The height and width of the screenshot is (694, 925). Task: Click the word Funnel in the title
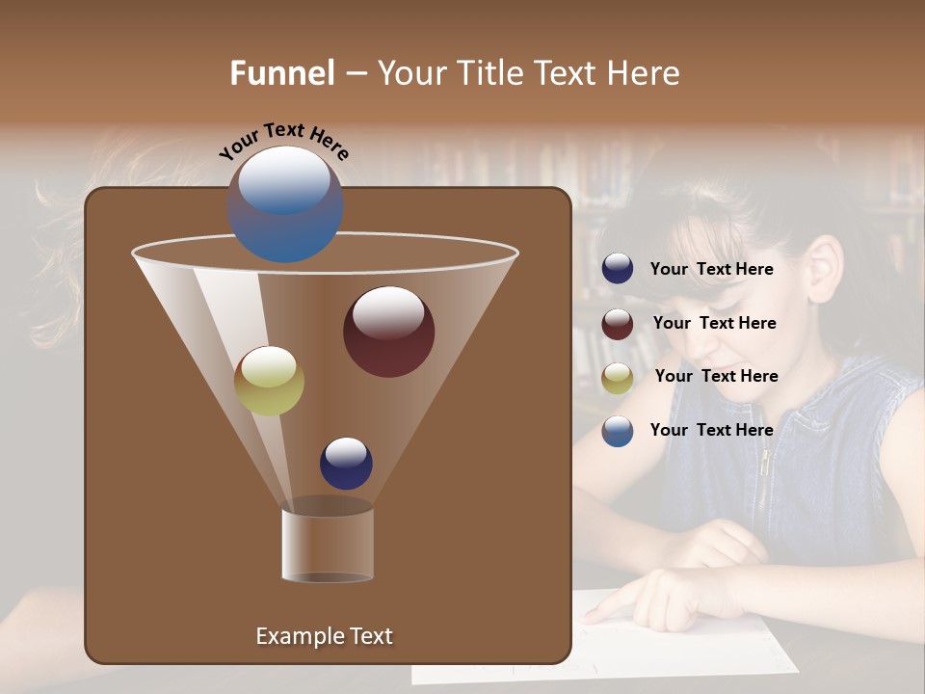[282, 73]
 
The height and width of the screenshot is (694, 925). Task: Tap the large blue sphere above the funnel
[284, 203]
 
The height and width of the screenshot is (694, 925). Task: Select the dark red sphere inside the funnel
[388, 331]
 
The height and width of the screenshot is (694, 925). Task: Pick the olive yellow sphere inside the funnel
[269, 381]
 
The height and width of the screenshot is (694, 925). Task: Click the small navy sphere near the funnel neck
[346, 463]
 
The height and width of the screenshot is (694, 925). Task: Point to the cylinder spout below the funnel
[328, 545]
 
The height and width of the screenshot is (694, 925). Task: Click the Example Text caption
[324, 636]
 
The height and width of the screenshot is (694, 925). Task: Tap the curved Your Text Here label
[283, 141]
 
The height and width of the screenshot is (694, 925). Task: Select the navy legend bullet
[618, 269]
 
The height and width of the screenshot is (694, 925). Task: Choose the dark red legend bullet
[618, 324]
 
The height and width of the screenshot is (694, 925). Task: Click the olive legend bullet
[618, 378]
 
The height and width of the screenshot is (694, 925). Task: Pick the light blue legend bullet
[618, 431]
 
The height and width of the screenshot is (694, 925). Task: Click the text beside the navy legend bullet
[711, 269]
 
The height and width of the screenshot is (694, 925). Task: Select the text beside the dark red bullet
[714, 323]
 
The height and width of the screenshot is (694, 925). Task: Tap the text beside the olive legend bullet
[716, 376]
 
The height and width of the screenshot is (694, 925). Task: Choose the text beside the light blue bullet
[711, 430]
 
